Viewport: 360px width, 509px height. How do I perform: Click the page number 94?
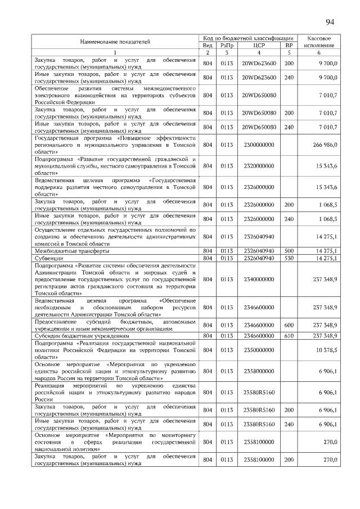point(330,22)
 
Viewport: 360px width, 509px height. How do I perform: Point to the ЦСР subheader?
point(259,45)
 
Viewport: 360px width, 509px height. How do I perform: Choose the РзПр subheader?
point(227,45)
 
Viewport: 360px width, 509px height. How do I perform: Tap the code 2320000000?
point(258,166)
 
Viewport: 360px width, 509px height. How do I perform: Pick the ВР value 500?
point(289,251)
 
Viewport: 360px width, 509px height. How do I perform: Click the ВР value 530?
point(289,258)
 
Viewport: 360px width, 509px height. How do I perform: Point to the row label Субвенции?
point(48,258)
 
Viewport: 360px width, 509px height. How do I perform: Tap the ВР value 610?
point(289,336)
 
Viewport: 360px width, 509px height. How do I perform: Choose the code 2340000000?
point(258,279)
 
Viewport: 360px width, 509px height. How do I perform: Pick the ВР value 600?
point(289,325)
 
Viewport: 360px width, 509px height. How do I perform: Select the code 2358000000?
point(258,371)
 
